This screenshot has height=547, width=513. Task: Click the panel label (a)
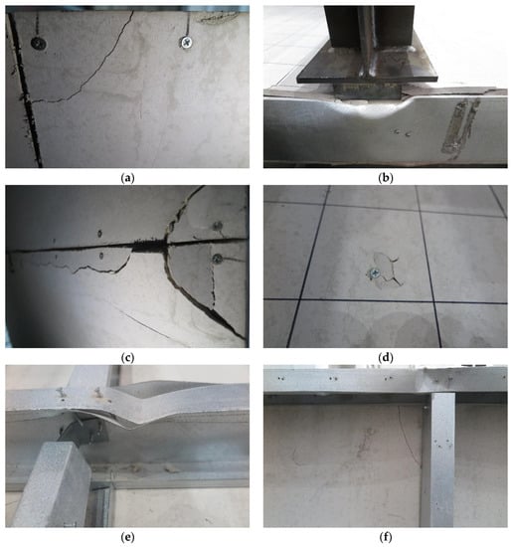click(127, 178)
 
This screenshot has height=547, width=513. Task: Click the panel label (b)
click(386, 178)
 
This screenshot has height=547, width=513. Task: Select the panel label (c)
click(127, 358)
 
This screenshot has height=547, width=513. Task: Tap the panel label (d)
click(386, 358)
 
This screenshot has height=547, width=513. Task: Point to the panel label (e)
click(127, 537)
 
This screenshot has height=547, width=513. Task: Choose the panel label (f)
click(386, 537)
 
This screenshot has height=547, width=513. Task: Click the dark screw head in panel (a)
click(39, 43)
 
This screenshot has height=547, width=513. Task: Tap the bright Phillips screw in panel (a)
click(187, 43)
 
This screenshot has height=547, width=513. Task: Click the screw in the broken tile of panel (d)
click(375, 273)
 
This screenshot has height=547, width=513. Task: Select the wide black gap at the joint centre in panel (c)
click(149, 247)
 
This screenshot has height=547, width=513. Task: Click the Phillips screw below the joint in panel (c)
click(218, 259)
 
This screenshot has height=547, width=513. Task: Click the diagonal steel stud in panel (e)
click(53, 485)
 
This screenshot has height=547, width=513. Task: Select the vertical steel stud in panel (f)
click(442, 459)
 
